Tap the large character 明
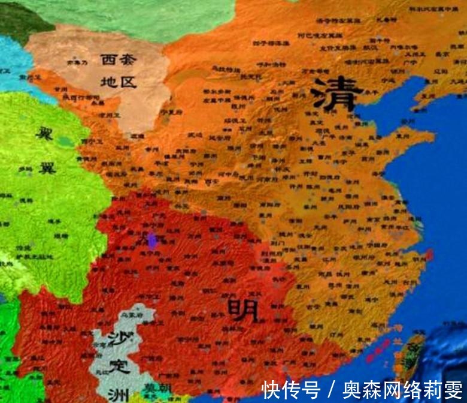242,310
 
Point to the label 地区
119,80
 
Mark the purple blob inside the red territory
153,241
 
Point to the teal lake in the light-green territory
65,142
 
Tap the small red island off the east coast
429,254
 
